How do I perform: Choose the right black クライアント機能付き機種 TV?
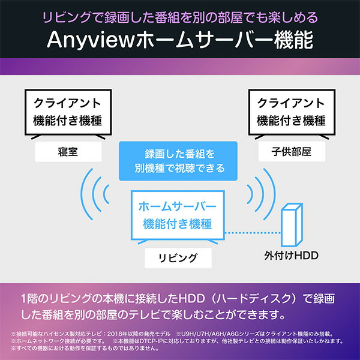[291, 112]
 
